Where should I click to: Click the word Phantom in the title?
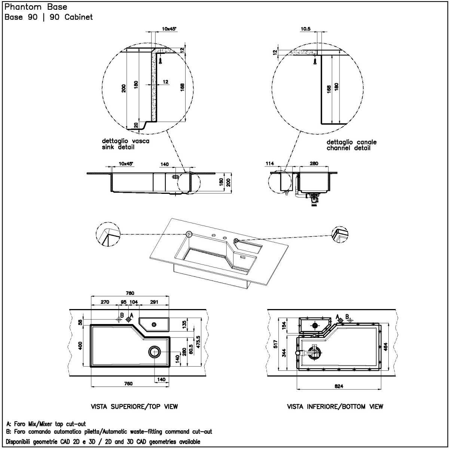[23, 7]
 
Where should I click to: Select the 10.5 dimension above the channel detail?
[305, 29]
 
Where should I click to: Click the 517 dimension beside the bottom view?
[276, 344]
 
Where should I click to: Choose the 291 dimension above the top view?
[154, 302]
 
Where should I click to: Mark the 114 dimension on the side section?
[269, 164]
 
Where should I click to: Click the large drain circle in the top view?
[154, 352]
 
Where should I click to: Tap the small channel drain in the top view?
[154, 324]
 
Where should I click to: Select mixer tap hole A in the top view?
[128, 320]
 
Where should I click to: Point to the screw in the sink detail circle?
[161, 60]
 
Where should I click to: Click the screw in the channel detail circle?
[315, 61]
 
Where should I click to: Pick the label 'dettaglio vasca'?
[126, 141]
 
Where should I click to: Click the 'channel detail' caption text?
[348, 148]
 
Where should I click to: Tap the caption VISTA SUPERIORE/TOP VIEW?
[134, 407]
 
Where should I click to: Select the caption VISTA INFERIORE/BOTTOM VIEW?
[335, 407]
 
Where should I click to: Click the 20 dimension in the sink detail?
[136, 125]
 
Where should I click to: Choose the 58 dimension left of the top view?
[80, 322]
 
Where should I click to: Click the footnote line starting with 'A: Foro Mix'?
[46, 424]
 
